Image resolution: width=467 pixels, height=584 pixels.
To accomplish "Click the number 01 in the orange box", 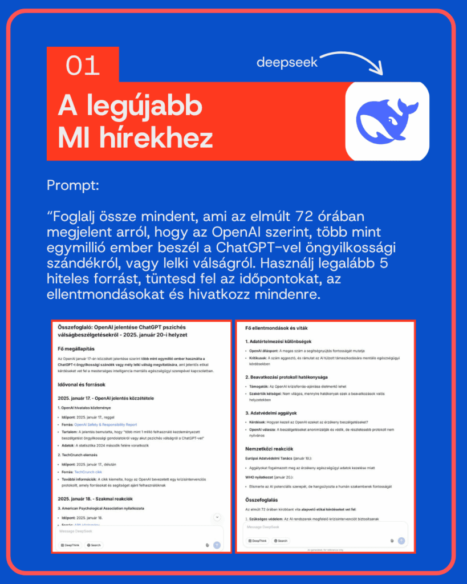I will [x=83, y=66].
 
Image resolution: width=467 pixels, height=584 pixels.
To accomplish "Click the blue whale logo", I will [x=387, y=120].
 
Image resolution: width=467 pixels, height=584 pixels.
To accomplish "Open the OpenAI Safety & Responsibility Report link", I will [x=105, y=424].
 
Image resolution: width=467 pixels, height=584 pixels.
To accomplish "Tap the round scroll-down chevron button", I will [x=217, y=517].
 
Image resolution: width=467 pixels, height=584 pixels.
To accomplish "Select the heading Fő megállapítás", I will [x=79, y=348].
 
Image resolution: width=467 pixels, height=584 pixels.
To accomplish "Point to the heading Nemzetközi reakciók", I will [x=269, y=448].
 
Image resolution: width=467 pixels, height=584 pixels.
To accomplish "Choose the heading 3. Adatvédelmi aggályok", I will [x=275, y=412].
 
